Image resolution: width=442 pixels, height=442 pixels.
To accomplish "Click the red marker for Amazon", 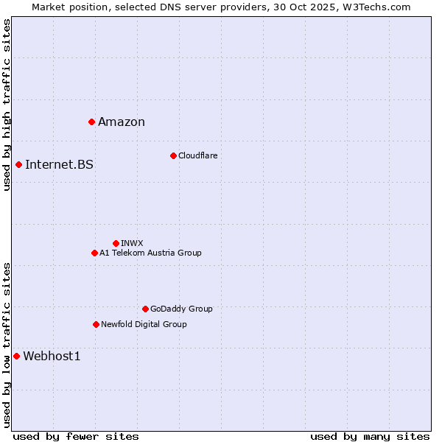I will tap(91, 122).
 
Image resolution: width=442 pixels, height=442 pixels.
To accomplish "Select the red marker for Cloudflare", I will tap(173, 155).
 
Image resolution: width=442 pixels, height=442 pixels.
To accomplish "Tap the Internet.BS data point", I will tap(18, 164).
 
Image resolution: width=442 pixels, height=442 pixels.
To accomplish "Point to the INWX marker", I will tap(116, 243).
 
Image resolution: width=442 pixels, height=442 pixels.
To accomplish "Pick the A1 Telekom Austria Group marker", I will tap(94, 253).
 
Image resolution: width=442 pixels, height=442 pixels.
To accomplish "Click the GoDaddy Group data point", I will tap(145, 309).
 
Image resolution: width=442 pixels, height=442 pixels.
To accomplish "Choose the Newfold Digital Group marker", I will tap(96, 324).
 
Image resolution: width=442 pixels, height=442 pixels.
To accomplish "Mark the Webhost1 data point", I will tap(16, 356).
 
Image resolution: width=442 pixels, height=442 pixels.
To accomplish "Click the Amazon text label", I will tap(122, 122).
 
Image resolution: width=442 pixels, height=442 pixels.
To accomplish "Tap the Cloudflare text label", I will tap(197, 155).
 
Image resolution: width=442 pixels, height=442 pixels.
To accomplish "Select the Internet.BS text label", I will tap(59, 165).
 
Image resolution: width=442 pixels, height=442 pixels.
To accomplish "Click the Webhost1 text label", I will tap(52, 357).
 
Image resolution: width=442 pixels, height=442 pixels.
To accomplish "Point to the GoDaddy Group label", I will tap(181, 309).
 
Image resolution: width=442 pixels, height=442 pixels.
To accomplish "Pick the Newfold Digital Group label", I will tap(144, 324).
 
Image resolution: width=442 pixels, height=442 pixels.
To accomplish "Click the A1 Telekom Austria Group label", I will tap(150, 253).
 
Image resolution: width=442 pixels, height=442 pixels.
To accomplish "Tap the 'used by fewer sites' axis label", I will tap(76, 436).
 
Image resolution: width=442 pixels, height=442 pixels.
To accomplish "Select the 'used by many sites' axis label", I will tap(370, 436).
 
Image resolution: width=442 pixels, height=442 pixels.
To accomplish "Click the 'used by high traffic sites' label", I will tap(7, 105).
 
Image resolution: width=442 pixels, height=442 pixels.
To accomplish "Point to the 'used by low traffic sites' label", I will tap(7, 345).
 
